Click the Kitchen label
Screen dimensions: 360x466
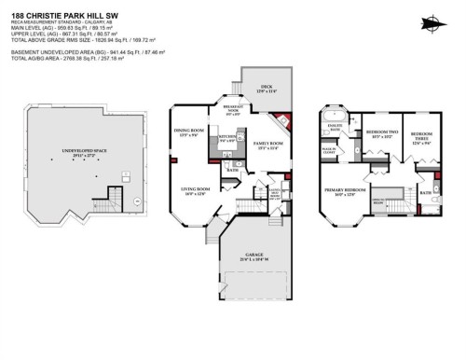coord(226,139)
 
